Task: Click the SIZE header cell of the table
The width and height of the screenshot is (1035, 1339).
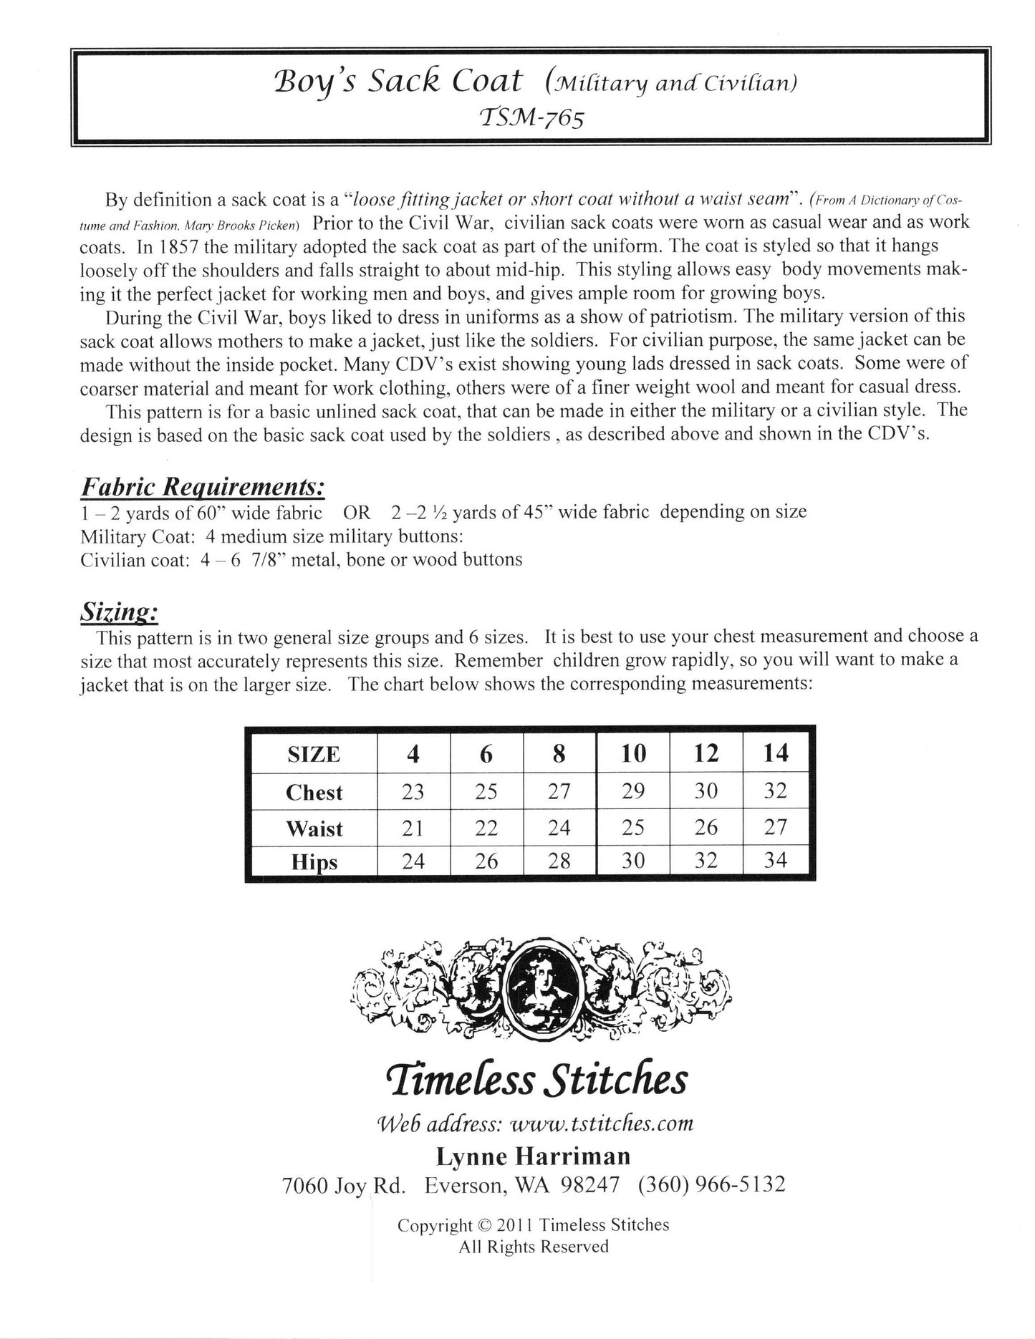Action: pos(314,755)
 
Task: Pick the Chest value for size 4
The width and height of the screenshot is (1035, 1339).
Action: pos(413,791)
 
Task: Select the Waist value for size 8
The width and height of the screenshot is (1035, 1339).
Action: pos(559,828)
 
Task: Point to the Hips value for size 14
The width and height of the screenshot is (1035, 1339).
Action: pos(776,860)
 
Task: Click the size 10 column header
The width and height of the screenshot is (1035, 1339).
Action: pos(633,754)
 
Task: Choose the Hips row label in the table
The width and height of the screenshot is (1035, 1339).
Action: pos(314,861)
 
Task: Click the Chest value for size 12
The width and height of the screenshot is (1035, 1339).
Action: pos(706,791)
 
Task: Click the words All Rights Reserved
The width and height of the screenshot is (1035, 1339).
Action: pos(534,1247)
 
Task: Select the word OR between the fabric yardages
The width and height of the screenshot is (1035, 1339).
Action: pos(356,513)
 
